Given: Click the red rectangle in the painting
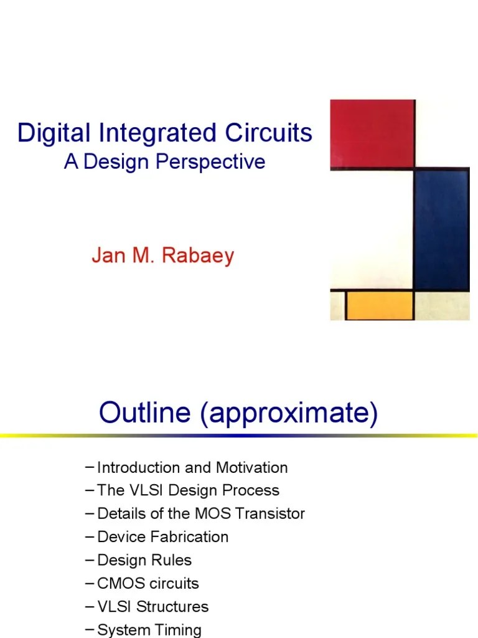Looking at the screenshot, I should (x=372, y=133).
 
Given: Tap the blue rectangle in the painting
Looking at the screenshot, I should (x=441, y=230).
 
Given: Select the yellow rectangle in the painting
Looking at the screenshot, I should (x=380, y=305).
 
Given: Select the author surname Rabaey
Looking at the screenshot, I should (x=199, y=256).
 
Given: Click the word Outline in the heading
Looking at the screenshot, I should (x=146, y=413).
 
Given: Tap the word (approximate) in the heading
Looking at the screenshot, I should (x=289, y=414).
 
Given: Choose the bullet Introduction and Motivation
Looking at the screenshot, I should (x=192, y=467).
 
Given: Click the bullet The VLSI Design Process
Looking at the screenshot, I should (x=188, y=490).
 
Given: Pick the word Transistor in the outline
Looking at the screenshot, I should (x=273, y=513).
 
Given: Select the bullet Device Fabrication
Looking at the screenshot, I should (x=162, y=536).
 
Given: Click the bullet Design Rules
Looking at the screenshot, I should (x=144, y=560).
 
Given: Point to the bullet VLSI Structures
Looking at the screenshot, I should (x=152, y=606).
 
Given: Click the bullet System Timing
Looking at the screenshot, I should (x=149, y=629).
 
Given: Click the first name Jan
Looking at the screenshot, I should (x=105, y=256).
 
